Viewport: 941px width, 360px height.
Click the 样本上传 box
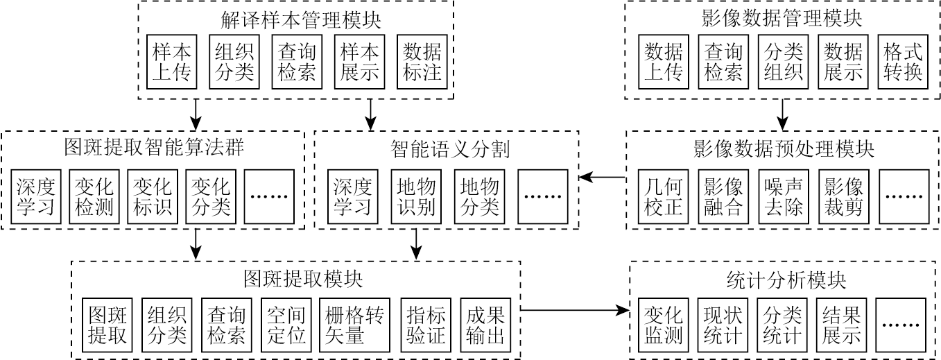171,62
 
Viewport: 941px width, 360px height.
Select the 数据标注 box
422,62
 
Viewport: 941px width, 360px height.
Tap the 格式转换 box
903,62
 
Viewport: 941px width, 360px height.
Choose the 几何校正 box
663,197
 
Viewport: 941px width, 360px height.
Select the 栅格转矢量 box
352,326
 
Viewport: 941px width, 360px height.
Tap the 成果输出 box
485,326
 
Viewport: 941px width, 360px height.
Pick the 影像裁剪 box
843,197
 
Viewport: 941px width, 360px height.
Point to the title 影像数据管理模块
782,19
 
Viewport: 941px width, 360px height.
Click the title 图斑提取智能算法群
153,149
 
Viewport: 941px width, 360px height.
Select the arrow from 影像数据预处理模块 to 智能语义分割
602,178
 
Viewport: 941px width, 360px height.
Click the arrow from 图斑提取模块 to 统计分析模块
574,310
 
